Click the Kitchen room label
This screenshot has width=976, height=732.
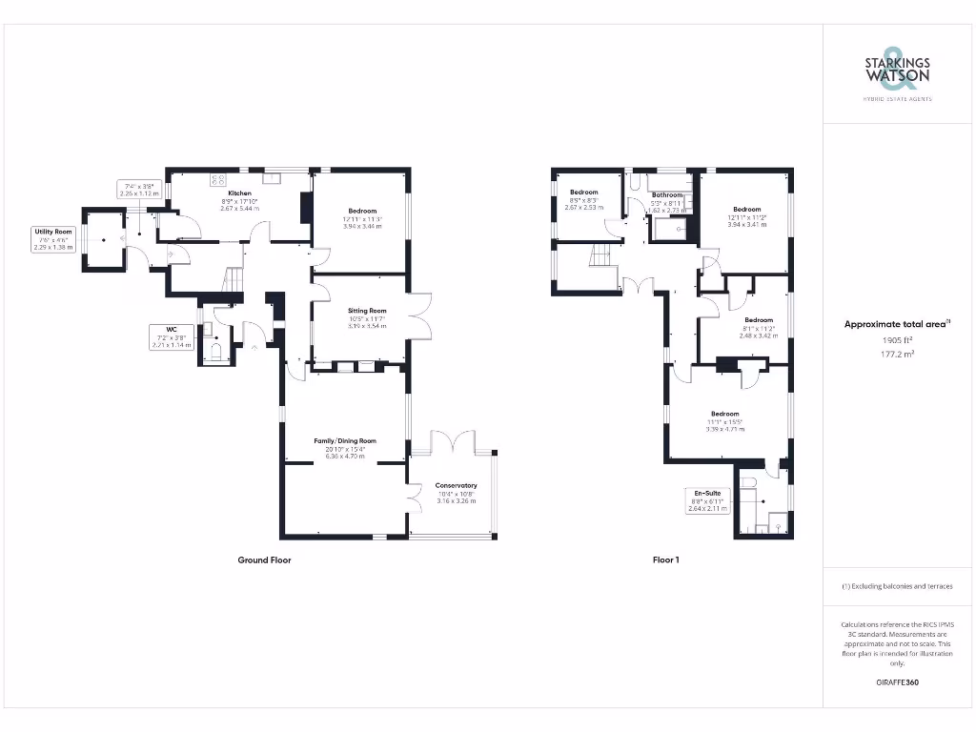[239, 193]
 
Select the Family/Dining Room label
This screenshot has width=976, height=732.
[346, 441]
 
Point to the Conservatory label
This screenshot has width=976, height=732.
[456, 486]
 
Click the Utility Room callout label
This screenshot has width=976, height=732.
[53, 232]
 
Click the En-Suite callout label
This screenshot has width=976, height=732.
[707, 494]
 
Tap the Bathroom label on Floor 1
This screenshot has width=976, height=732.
[667, 194]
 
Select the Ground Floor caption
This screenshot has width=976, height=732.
[264, 560]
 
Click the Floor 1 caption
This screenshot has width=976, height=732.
[665, 560]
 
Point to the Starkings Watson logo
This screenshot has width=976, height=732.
[897, 68]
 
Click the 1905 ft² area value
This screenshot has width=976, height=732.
[897, 338]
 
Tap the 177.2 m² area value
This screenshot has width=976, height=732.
[897, 352]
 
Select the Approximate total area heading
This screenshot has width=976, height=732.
[897, 325]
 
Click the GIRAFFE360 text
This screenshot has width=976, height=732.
[897, 682]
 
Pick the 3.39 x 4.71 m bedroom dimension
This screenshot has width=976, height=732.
[724, 429]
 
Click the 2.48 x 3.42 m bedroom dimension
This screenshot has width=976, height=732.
[758, 335]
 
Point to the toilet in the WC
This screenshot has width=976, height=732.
[216, 353]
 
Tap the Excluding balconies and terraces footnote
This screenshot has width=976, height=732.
[897, 586]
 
